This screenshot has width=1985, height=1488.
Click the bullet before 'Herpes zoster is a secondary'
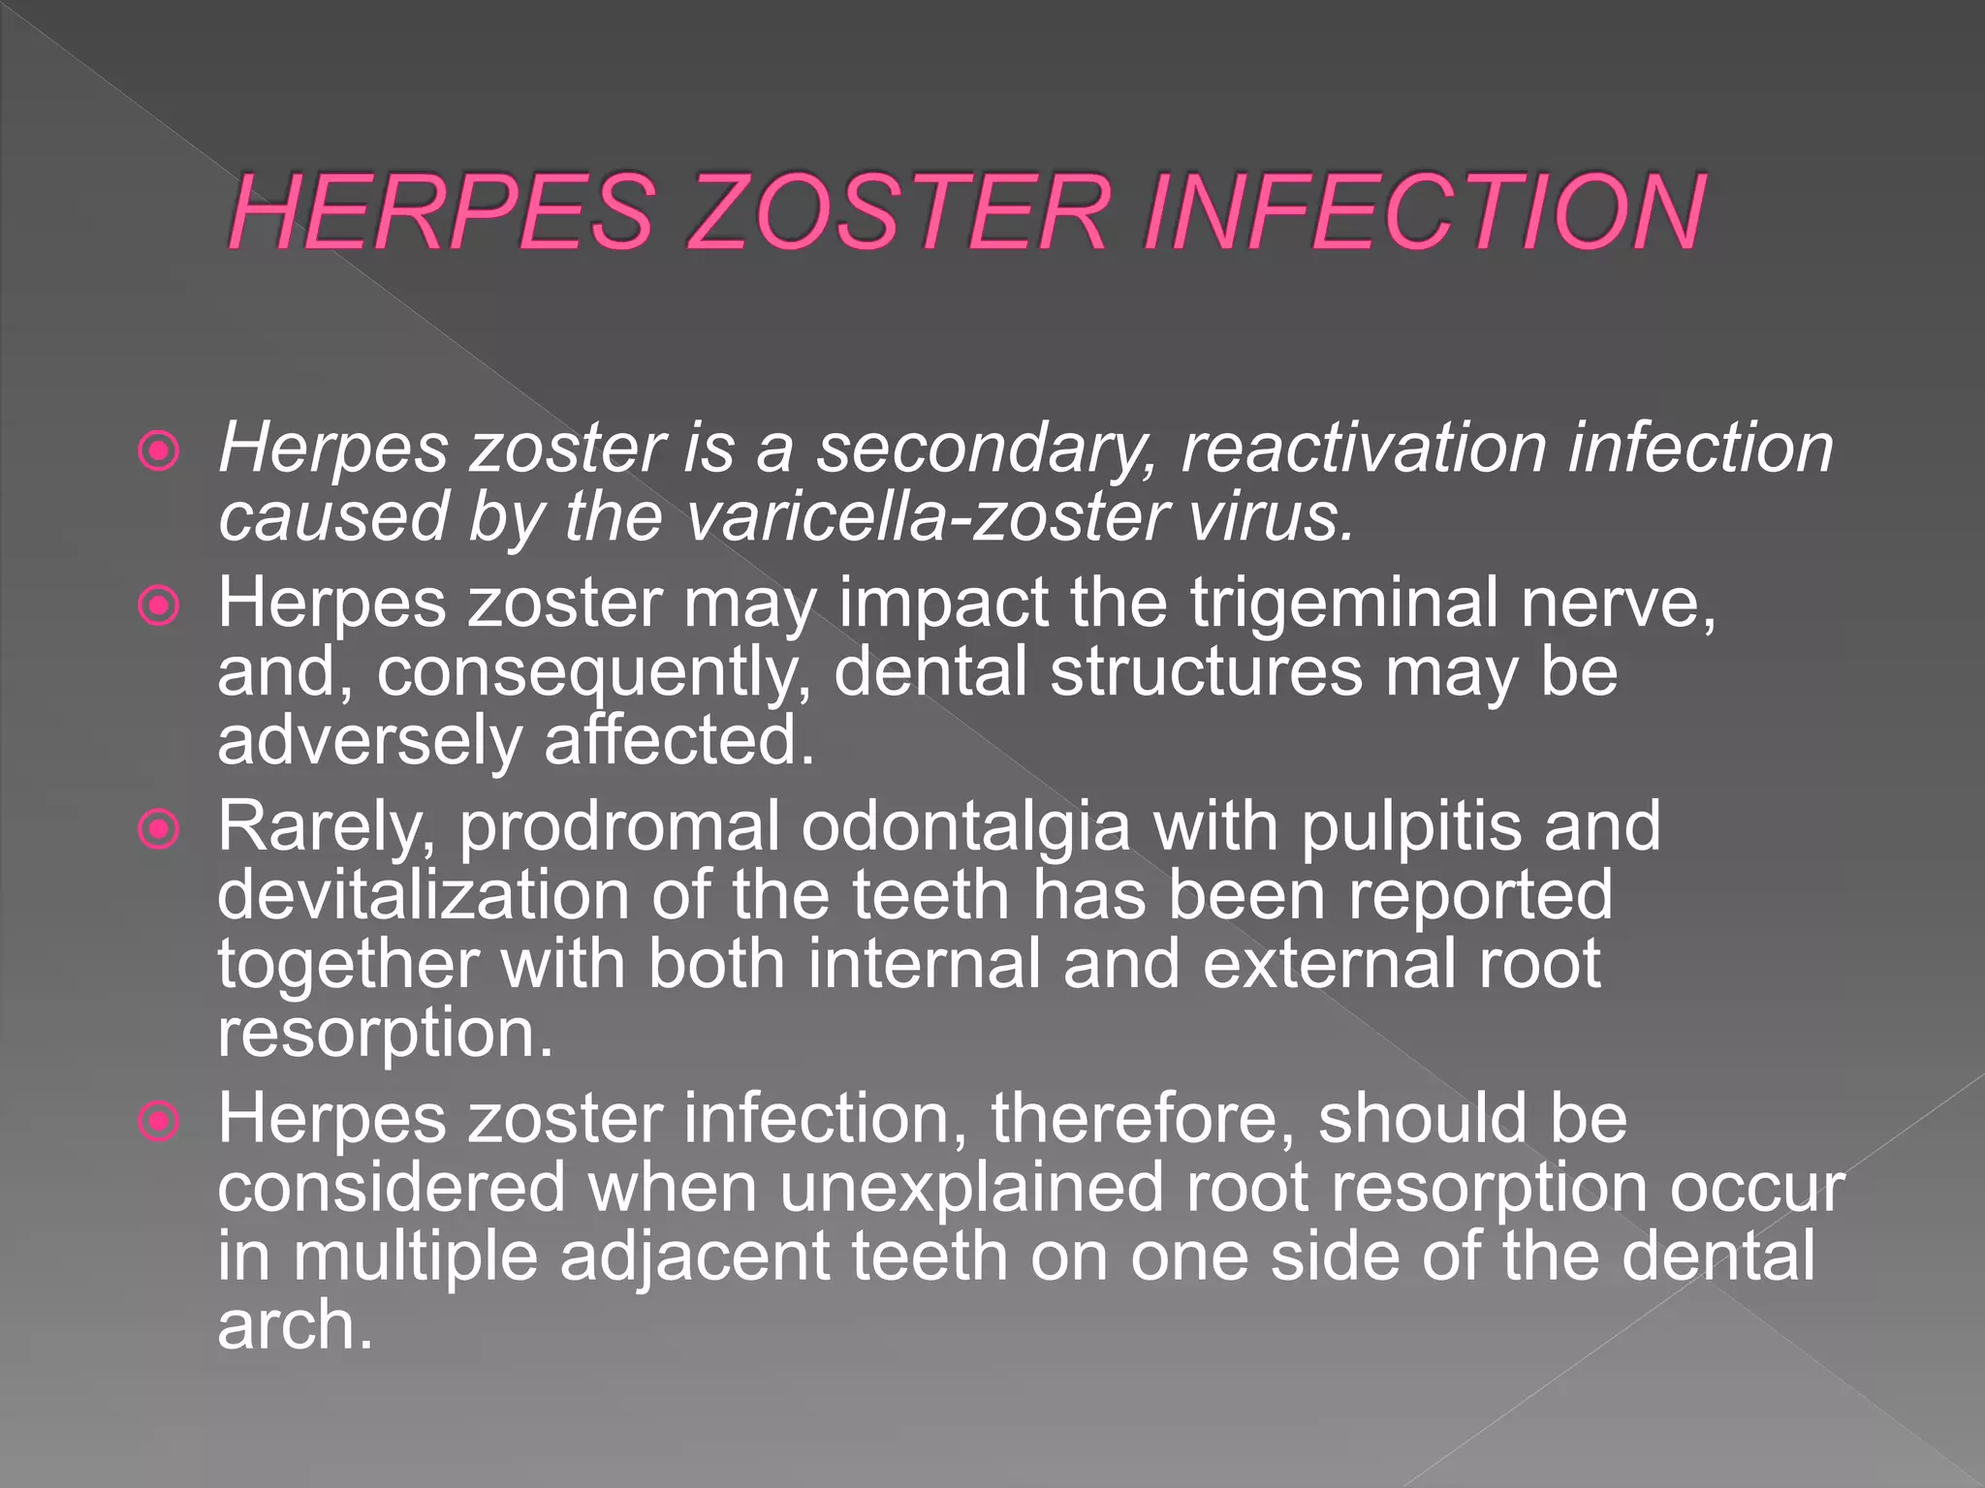click(159, 450)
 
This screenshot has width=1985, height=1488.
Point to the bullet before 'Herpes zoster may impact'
click(159, 606)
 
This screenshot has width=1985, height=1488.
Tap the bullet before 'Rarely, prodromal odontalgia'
click(159, 829)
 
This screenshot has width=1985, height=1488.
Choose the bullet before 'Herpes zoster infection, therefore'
click(159, 1121)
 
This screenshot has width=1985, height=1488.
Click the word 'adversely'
click(369, 742)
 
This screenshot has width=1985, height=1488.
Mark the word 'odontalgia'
click(965, 828)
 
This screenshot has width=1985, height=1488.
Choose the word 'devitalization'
click(423, 895)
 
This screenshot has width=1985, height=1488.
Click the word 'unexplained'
click(971, 1189)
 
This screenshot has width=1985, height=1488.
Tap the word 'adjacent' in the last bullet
click(695, 1257)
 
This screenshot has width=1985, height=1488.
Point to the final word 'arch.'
click(295, 1325)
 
